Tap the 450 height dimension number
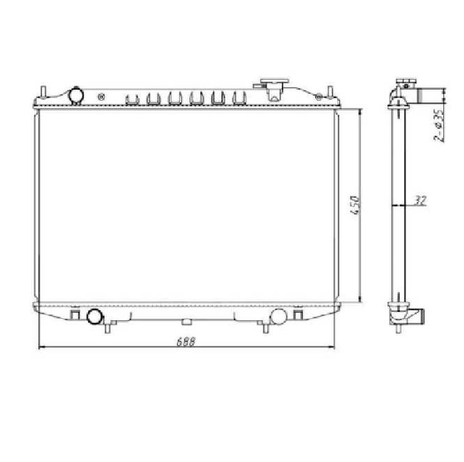coord(355,206)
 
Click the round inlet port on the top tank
coord(76,95)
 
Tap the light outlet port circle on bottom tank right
coord(278,316)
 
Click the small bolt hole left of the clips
coord(101,97)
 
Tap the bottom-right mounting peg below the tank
coord(265,328)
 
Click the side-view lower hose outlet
coord(418,317)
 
